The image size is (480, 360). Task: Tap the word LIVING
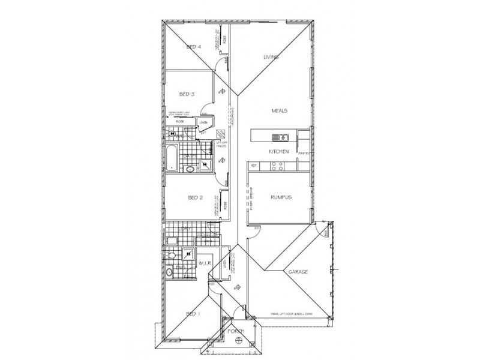tap(272, 57)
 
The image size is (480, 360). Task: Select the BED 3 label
tap(187, 94)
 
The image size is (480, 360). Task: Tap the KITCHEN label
tap(280, 152)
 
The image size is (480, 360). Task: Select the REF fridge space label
tap(253, 165)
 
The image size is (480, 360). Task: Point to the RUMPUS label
tap(281, 197)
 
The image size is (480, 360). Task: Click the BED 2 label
tap(196, 197)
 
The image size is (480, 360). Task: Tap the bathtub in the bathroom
tap(172, 156)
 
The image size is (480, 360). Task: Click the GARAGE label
tap(298, 272)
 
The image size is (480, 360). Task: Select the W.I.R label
tap(203, 263)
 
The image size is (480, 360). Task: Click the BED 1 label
tap(193, 314)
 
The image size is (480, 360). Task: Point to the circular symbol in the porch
tap(239, 341)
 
